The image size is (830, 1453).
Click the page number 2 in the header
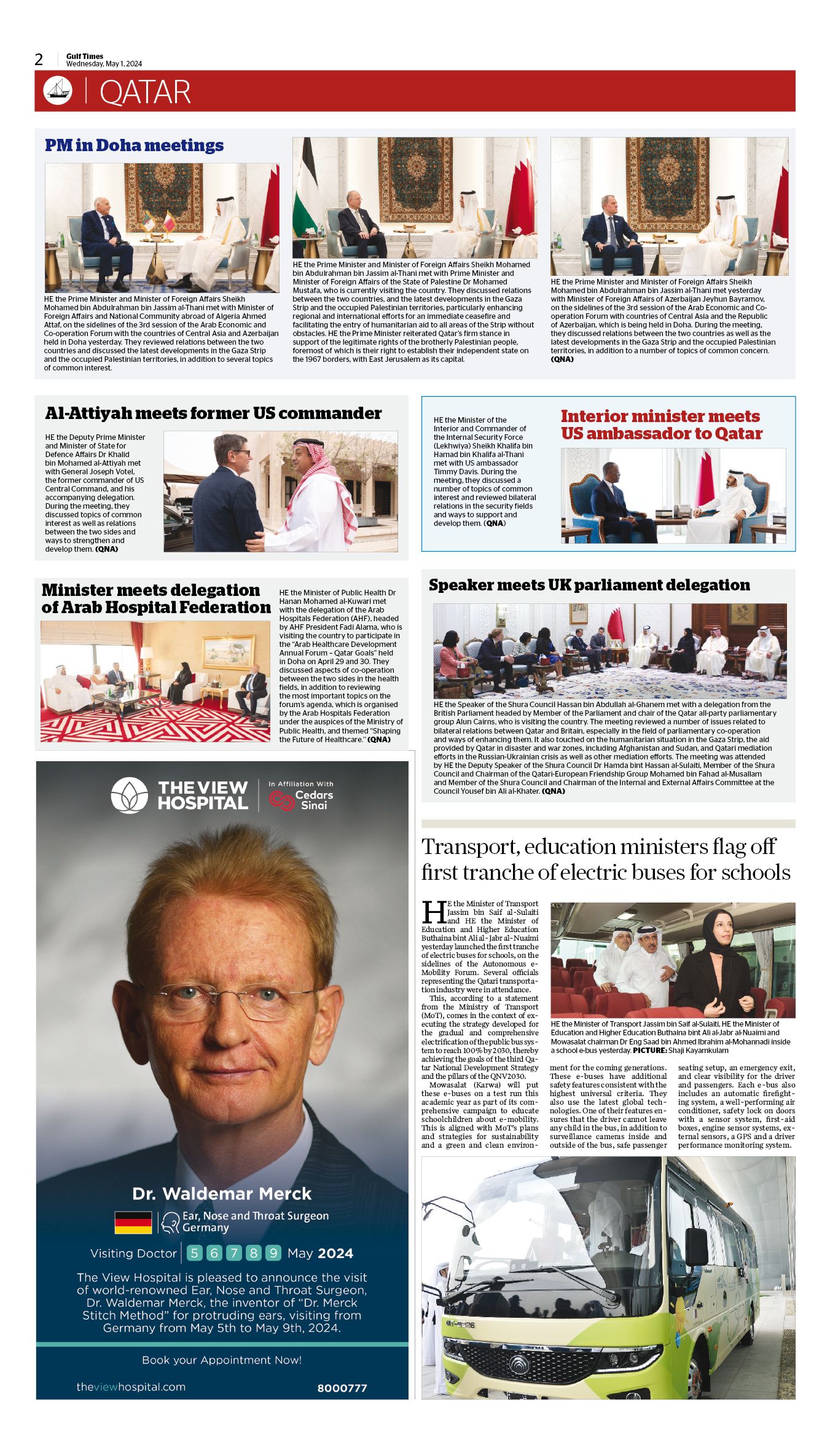click(x=39, y=60)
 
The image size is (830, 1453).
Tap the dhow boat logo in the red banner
click(x=58, y=90)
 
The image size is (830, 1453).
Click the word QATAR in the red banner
click(x=145, y=92)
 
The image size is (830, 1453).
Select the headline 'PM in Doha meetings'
click(x=134, y=146)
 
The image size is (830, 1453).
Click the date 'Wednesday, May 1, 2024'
click(x=104, y=64)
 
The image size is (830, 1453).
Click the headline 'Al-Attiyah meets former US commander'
click(x=213, y=413)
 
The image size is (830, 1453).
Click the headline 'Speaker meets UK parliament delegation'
click(x=589, y=585)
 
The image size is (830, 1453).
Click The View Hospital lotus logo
click(x=129, y=795)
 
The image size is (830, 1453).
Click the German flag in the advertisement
click(x=133, y=1222)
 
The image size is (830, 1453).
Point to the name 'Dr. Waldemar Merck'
click(x=222, y=1194)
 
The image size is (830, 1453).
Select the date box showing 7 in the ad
click(x=233, y=1253)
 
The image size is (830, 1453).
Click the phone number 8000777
click(x=342, y=1388)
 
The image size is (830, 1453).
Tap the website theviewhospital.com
click(x=131, y=1387)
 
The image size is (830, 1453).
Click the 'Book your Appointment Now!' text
click(x=222, y=1360)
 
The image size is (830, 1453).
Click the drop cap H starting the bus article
click(x=434, y=912)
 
